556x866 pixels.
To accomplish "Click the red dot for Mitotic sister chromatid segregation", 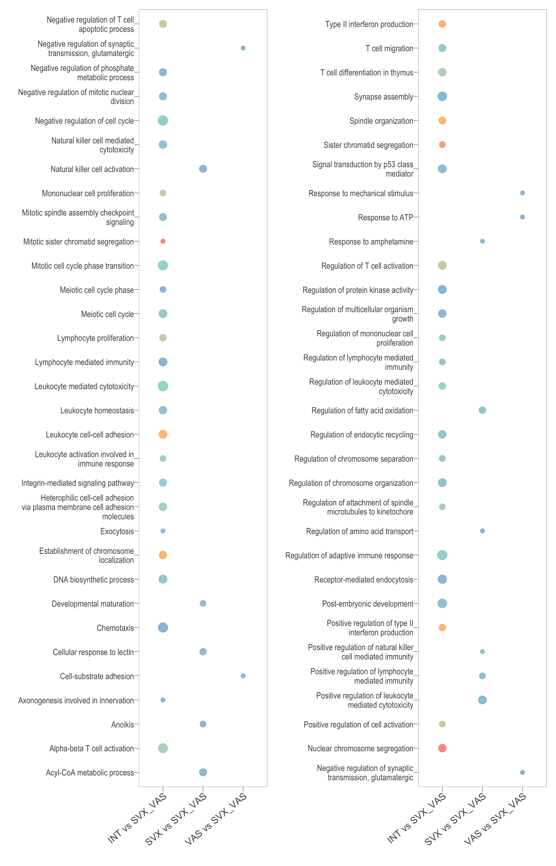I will tap(163, 241).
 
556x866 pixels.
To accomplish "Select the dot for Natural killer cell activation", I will tap(203, 169).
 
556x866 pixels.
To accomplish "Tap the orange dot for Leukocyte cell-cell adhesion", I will tap(163, 434).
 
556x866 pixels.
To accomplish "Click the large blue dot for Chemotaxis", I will tap(163, 628).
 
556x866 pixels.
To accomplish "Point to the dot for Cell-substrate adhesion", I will tap(243, 676).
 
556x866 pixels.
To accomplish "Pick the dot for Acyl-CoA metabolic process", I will tap(203, 772).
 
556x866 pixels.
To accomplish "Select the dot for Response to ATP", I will tap(523, 217).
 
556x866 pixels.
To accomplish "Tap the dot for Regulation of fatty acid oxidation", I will tap(482, 410).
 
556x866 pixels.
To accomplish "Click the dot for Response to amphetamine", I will tap(482, 241).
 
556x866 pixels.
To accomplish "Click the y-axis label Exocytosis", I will tap(117, 531).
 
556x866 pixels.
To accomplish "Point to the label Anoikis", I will tap(122, 724).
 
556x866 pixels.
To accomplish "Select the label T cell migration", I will tap(389, 48).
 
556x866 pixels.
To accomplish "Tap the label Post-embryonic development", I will tap(367, 604).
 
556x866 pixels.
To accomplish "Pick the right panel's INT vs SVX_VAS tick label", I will tap(416, 819).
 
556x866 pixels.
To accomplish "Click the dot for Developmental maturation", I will tap(203, 603).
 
